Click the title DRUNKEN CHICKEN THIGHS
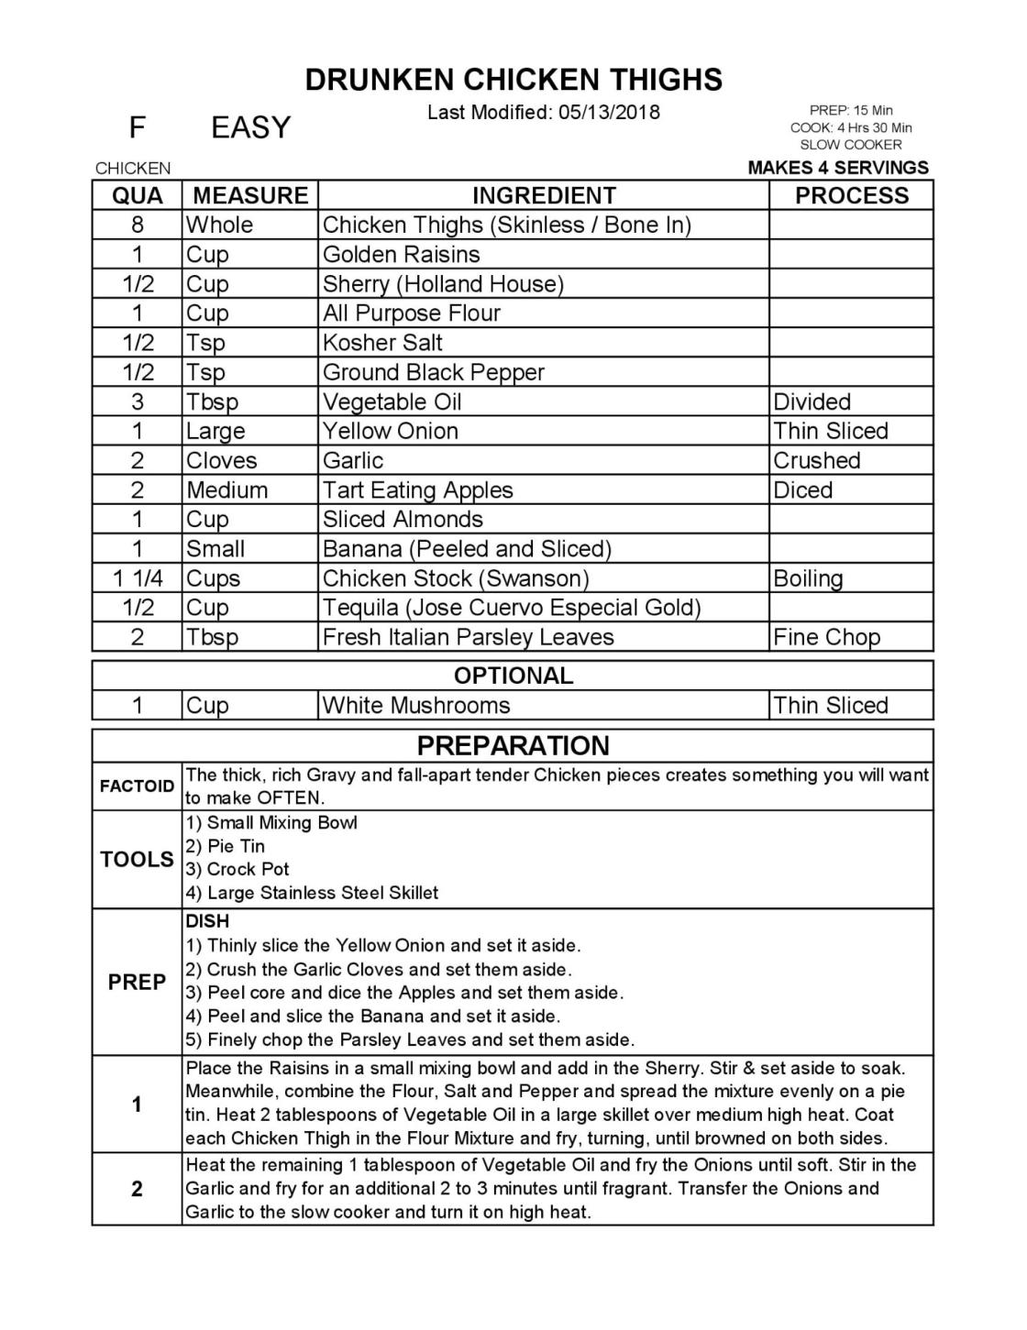pyautogui.click(x=513, y=80)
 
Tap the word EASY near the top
pyautogui.click(x=250, y=127)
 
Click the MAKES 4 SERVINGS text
pyautogui.click(x=838, y=168)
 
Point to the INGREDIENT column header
pyautogui.click(x=544, y=195)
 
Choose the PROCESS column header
pyautogui.click(x=851, y=195)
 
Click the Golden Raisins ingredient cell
pyautogui.click(x=401, y=254)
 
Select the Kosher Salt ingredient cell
pyautogui.click(x=382, y=343)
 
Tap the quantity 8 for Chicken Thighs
pyautogui.click(x=138, y=225)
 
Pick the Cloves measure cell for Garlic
pyautogui.click(x=222, y=460)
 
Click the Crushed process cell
pyautogui.click(x=816, y=460)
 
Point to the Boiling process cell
pyautogui.click(x=808, y=578)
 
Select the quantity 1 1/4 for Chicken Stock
pyautogui.click(x=138, y=578)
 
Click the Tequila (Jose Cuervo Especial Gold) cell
pyautogui.click(x=512, y=608)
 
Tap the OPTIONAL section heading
pyautogui.click(x=513, y=676)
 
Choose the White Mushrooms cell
pyautogui.click(x=416, y=705)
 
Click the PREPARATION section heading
pyautogui.click(x=513, y=745)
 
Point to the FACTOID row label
pyautogui.click(x=137, y=786)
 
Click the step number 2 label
pyautogui.click(x=137, y=1189)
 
